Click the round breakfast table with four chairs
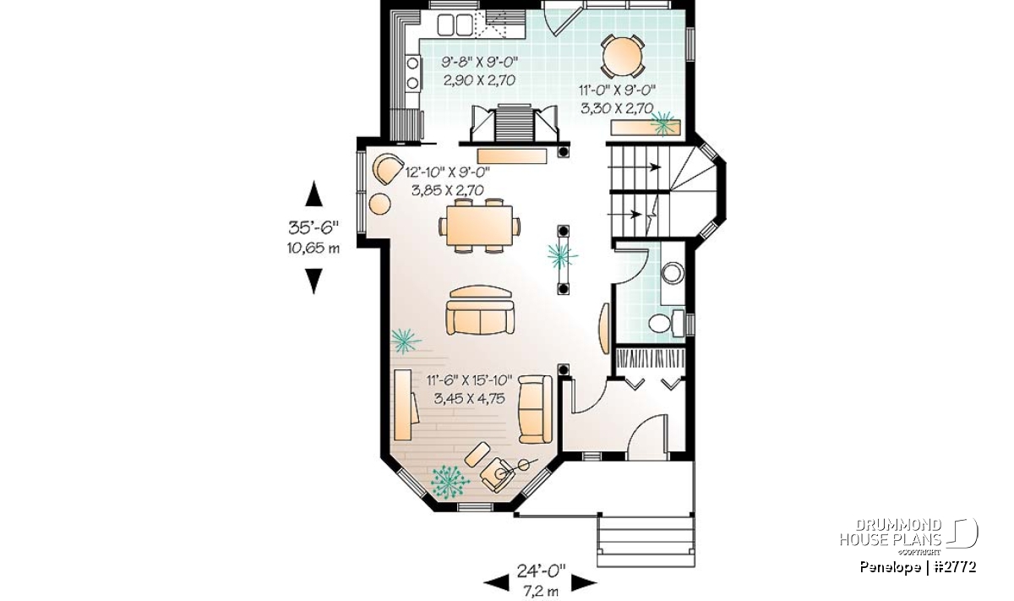(x=623, y=56)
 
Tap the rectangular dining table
(x=479, y=226)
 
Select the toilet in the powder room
(x=667, y=323)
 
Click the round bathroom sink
(x=673, y=273)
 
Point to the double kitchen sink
(x=455, y=25)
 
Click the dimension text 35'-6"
(x=313, y=227)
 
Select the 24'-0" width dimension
(x=542, y=571)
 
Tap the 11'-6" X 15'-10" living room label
(x=470, y=380)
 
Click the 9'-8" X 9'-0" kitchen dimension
(x=480, y=62)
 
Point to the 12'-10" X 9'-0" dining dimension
(x=447, y=172)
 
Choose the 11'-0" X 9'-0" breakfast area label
(x=618, y=90)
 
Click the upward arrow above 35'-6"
(x=313, y=194)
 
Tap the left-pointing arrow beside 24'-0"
(x=496, y=583)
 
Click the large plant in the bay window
(x=450, y=482)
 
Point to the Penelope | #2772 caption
(x=918, y=566)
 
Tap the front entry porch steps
(x=646, y=541)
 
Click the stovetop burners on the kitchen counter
(x=95, y=74)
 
